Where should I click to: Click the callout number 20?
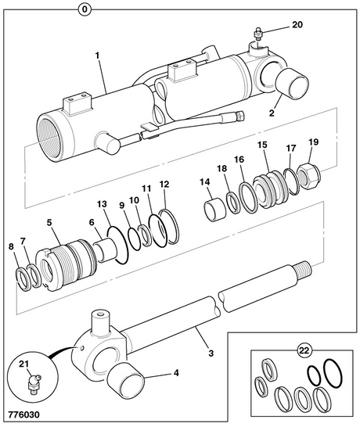tap(297, 24)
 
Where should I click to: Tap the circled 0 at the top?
tap(85, 9)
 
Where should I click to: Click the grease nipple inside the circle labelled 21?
tap(31, 382)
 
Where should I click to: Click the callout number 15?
tap(262, 145)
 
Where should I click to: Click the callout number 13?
tap(102, 204)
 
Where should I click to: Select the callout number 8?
tap(10, 247)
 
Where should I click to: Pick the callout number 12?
tap(164, 185)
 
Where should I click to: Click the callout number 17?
tap(291, 148)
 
